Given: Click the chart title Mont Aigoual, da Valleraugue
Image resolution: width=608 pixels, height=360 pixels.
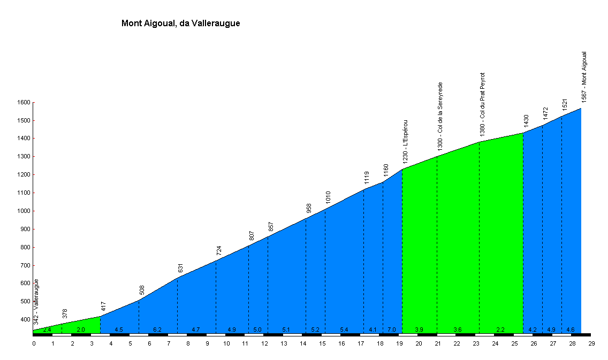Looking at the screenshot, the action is coord(181,23).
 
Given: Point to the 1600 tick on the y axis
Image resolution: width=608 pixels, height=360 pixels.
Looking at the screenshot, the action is coord(24,102).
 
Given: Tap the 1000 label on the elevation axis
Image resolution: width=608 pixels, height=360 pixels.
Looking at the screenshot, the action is coord(24,211).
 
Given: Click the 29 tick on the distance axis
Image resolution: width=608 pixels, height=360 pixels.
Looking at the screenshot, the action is coord(591,343).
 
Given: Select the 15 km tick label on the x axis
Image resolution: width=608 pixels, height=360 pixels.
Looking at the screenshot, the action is coord(322,343).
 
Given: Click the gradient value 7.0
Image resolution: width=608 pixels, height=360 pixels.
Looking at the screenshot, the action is coord(392,330).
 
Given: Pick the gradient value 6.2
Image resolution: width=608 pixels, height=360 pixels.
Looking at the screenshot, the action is coord(157,330).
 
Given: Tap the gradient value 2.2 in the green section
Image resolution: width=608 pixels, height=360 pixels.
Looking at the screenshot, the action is coord(500,330).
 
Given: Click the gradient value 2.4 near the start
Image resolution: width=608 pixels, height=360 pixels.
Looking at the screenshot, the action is coord(47,330).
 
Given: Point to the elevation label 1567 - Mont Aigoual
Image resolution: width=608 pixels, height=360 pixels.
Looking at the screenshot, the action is coord(584,76).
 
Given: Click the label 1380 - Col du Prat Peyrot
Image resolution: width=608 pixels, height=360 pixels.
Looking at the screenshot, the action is coord(482,104).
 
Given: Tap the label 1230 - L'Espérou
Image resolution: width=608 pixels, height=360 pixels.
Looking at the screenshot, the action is coord(405,141).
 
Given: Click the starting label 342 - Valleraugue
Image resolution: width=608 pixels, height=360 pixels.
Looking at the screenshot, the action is coord(36,302).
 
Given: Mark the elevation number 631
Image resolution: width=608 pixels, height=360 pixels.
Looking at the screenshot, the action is coord(180,268).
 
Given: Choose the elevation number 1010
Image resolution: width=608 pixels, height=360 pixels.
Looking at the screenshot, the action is coord(328,197).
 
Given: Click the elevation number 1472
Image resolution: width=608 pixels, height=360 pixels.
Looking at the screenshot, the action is coord(545,113).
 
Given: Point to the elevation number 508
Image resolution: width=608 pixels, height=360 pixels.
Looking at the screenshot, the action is coord(142,290).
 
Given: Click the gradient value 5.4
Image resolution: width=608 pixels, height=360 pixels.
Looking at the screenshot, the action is coord(344,330).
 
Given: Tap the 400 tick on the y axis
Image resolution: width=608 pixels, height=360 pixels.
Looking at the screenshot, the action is coord(25,320).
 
